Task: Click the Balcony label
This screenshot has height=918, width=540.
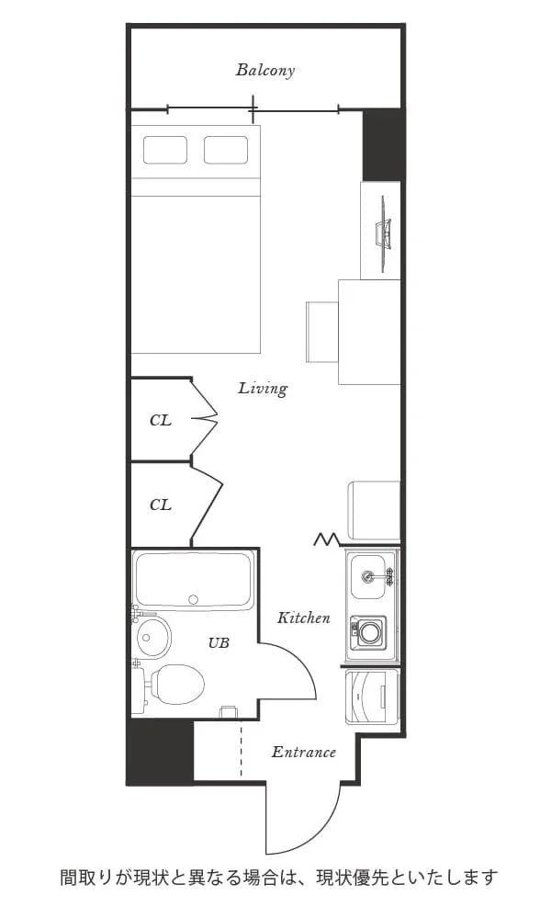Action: pos(265,70)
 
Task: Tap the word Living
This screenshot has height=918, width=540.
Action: pos(263,388)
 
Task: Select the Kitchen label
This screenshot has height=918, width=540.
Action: pos(304,618)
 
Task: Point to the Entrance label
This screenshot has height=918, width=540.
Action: pos(304,752)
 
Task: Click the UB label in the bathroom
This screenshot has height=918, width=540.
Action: pos(219,643)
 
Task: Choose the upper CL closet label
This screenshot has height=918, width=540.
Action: pos(161,420)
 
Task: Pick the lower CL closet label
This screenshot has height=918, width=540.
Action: pos(161,504)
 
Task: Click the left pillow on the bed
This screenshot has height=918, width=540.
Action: pos(165,150)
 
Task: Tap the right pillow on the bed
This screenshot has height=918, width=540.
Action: pos(226,150)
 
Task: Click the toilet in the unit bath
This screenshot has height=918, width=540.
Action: pos(174,685)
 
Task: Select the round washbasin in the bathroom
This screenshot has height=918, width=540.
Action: pos(154,636)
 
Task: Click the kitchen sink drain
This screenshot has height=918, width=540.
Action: pos(368,576)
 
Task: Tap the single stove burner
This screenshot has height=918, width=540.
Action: pos(369,631)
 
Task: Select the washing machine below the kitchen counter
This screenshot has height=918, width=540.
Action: pos(373,697)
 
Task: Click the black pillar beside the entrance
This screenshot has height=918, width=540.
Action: pos(161,752)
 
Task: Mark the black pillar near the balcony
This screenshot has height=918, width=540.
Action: pos(383,144)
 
